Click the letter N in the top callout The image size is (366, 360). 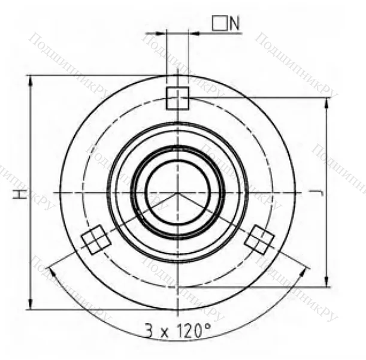234,23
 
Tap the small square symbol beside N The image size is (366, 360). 219,23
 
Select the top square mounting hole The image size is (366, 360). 177,97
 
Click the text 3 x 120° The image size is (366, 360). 178,330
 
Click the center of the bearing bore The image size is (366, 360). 178,192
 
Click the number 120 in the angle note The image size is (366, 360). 188,330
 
